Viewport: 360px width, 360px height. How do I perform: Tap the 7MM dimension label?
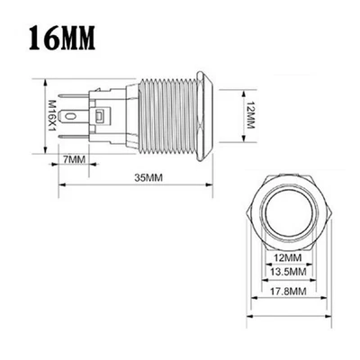75,158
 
